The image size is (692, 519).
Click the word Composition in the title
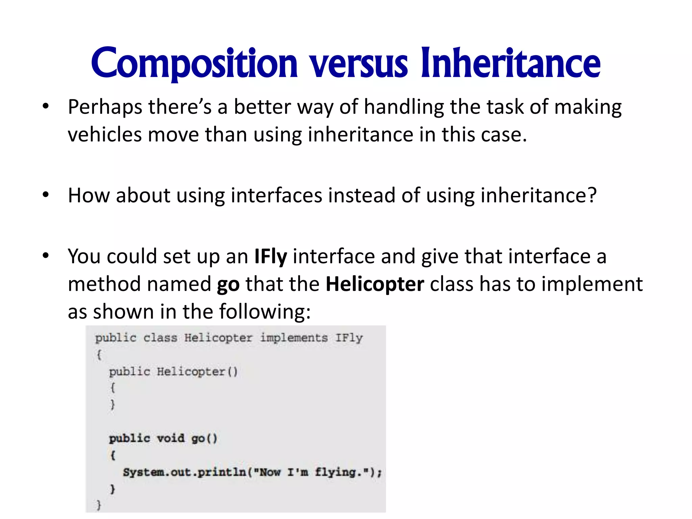tap(194, 64)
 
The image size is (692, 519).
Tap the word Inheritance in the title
tap(511, 64)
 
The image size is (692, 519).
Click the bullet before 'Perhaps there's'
tap(46, 107)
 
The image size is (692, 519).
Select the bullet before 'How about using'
tap(46, 195)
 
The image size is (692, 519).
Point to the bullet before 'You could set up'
tap(46, 256)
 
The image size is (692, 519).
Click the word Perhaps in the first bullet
tap(105, 107)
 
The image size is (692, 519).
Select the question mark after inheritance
tap(592, 195)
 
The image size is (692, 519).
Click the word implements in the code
tap(294, 338)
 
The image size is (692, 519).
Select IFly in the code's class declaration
tap(349, 338)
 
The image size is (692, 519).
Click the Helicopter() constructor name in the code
tap(197, 372)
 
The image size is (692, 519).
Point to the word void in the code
tap(171, 438)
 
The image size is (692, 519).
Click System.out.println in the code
tap(184, 472)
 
